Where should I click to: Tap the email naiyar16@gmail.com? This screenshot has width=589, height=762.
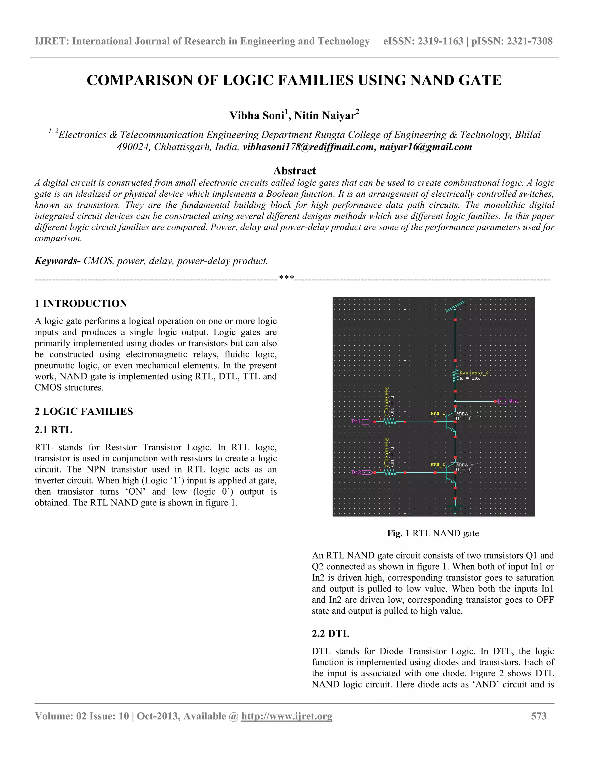[425, 147]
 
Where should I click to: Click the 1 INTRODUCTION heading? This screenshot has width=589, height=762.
[81, 304]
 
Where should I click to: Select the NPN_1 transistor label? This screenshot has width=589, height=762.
[437, 413]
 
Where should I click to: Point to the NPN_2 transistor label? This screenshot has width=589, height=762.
[437, 464]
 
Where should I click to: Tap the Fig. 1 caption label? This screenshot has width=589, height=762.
[398, 533]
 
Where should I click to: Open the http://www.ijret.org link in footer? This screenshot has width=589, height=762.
[286, 716]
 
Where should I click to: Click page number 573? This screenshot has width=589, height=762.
[538, 716]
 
